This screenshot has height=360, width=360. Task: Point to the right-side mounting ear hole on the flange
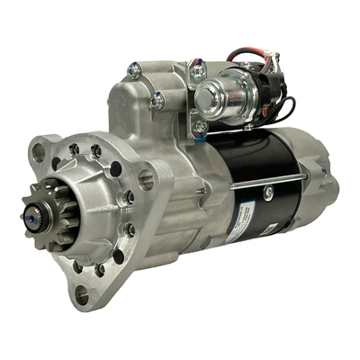point(146,180)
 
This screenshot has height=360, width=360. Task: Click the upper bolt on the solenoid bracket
point(199,67)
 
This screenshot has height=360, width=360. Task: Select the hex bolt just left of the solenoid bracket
point(158,101)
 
